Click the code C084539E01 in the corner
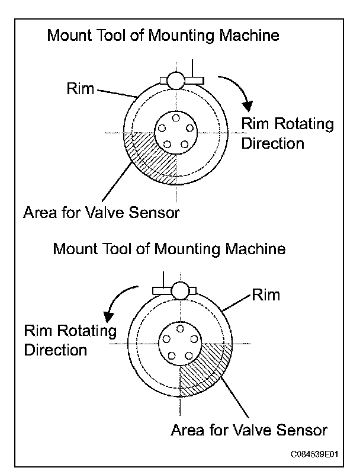pyautogui.click(x=314, y=454)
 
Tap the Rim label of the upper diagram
pyautogui.click(x=81, y=89)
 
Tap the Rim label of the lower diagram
pyautogui.click(x=266, y=294)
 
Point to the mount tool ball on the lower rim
pyautogui.click(x=182, y=290)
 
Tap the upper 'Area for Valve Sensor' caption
pyautogui.click(x=101, y=212)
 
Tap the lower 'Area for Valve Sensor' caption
pyautogui.click(x=249, y=429)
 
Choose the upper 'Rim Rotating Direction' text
pyautogui.click(x=288, y=133)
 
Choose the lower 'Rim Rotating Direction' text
pyautogui.click(x=70, y=340)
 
